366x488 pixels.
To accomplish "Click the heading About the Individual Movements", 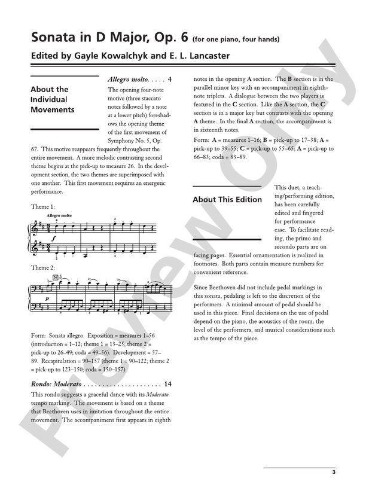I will (53, 100).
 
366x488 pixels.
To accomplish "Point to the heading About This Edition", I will (227, 200).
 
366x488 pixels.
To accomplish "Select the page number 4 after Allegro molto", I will (170, 80).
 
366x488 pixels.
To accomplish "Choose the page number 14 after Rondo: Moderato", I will (167, 384).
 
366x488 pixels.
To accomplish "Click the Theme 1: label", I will (43, 206).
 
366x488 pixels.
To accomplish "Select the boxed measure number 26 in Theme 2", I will (54, 277).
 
